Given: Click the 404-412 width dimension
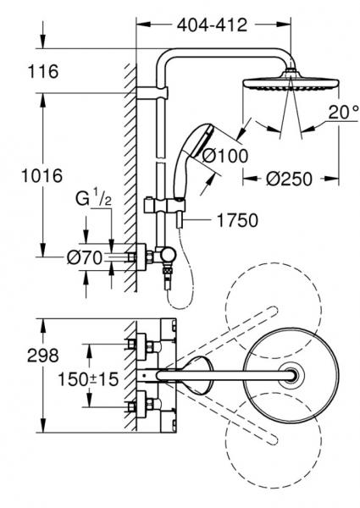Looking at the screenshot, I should (212, 25).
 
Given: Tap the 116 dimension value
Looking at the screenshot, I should (42, 73).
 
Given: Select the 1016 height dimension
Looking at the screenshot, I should (42, 177).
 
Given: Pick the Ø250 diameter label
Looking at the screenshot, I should (285, 179).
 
